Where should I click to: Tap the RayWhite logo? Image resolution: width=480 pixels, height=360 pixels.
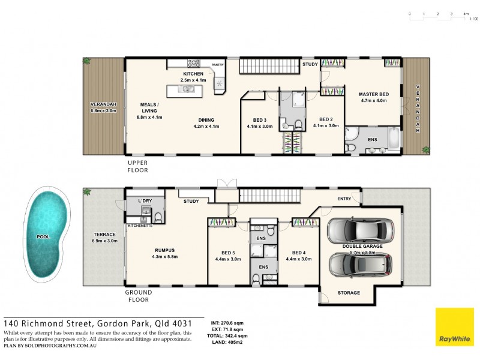tap(454, 327)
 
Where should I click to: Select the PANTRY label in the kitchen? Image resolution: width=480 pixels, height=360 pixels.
tap(217, 65)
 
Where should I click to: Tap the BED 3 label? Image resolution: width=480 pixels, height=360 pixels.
tap(259, 119)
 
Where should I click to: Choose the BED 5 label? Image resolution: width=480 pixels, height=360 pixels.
tap(227, 253)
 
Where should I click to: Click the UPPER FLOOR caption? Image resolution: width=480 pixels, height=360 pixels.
tap(137, 166)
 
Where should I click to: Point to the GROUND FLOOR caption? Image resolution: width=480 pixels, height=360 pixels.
tap(139, 296)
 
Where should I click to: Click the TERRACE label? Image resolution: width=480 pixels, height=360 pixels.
tap(104, 235)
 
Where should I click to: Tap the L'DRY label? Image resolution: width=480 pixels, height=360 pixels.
tap(144, 200)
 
